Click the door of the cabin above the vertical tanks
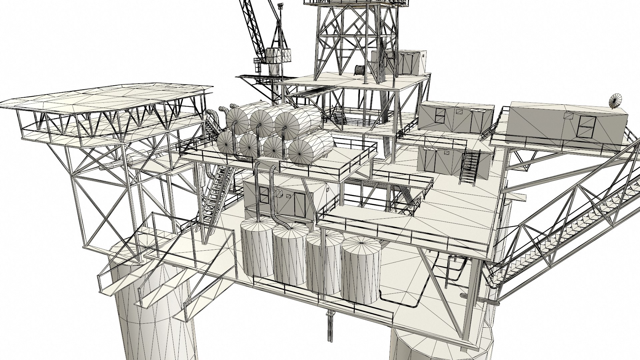click(300, 203)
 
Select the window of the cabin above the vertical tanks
click(264, 195)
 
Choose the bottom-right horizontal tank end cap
click(300, 151)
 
